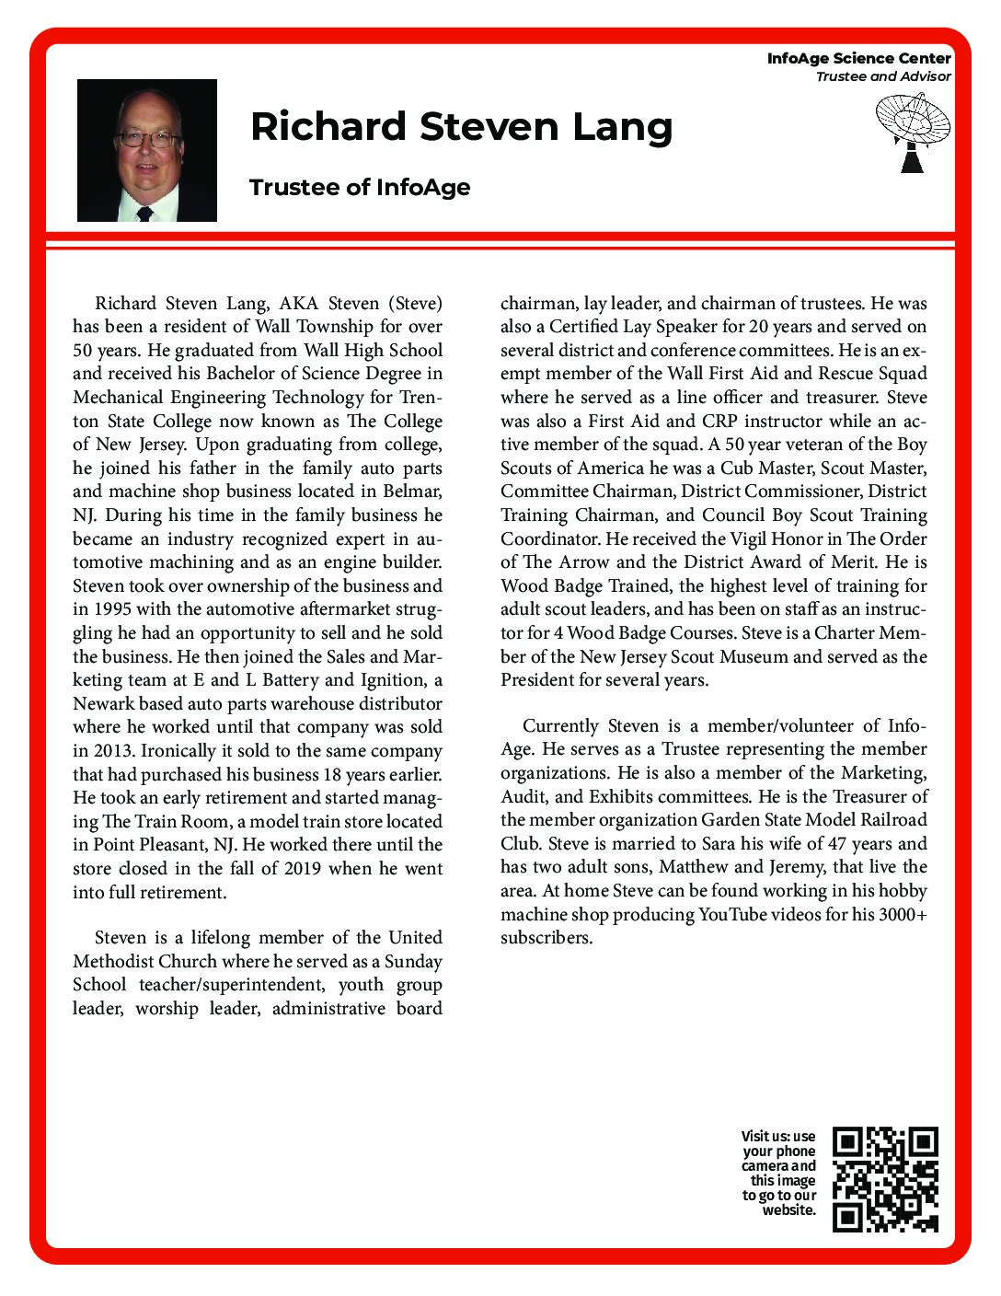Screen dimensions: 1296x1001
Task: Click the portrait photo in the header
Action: tap(147, 150)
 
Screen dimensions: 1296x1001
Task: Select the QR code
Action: tap(884, 1179)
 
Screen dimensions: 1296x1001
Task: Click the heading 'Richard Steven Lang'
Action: tap(461, 126)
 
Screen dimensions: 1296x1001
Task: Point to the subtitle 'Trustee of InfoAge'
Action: tap(360, 187)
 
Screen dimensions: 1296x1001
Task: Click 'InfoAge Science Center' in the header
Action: tap(858, 58)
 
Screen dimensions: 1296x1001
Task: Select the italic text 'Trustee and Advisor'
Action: tap(882, 76)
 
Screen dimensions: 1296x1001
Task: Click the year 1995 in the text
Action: tap(115, 609)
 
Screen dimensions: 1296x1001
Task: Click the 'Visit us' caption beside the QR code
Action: tap(779, 1172)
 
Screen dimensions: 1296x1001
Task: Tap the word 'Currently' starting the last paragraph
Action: tap(561, 726)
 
